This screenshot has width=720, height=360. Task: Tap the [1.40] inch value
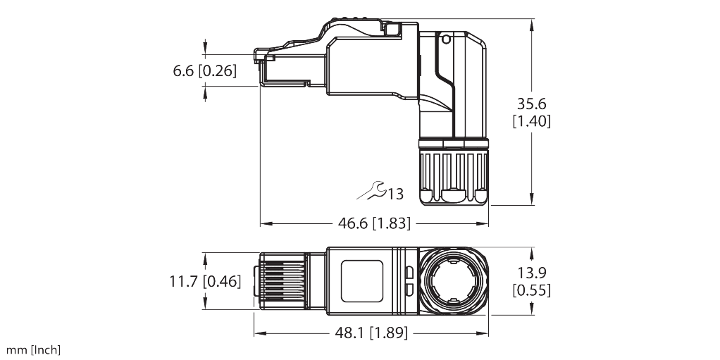(x=531, y=121)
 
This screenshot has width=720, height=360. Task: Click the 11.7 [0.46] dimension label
(x=205, y=282)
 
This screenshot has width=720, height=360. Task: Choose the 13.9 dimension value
(x=531, y=273)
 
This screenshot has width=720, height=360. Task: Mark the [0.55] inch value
(x=531, y=290)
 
